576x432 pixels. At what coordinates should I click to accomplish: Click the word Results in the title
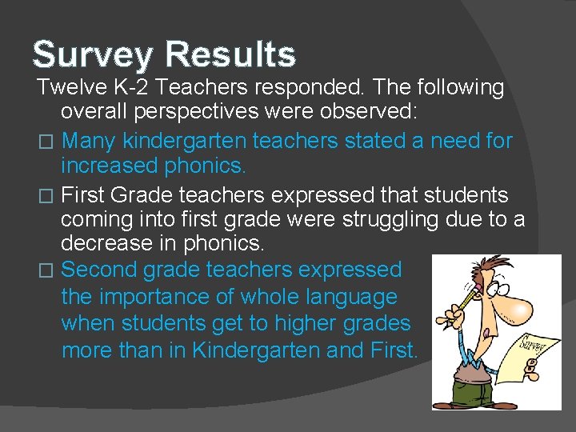[230, 54]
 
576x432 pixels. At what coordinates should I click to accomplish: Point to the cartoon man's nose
[517, 309]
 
